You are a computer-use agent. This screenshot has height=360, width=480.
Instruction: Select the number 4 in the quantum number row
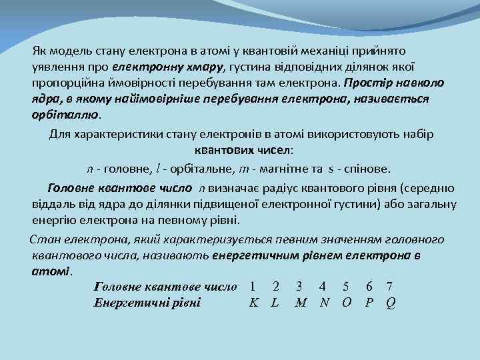coord(323,287)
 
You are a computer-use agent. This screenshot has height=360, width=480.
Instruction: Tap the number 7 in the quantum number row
coord(389,287)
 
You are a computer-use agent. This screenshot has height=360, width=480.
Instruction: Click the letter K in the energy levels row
coord(253,302)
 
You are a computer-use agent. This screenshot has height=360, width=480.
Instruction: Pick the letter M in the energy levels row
coord(300,302)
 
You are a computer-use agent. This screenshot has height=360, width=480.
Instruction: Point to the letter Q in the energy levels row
coord(390,302)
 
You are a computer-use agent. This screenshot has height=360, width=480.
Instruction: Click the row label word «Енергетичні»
coord(129,302)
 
